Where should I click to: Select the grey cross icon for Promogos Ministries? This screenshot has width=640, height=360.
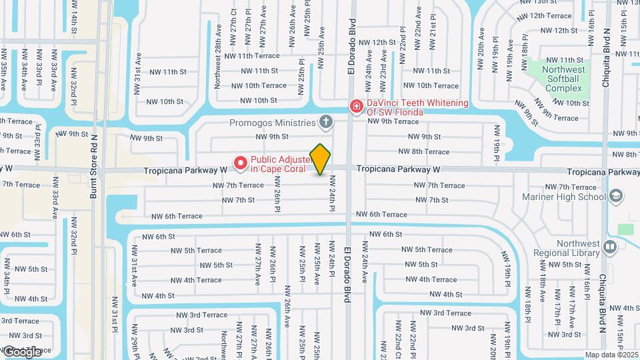click(325, 122)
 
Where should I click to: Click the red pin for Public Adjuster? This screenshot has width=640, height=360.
click(240, 162)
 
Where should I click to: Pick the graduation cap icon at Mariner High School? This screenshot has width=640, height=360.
click(617, 196)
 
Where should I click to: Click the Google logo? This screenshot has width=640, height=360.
click(22, 352)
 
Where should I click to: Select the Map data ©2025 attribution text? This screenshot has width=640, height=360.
click(612, 355)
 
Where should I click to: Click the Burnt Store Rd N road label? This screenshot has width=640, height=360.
click(94, 167)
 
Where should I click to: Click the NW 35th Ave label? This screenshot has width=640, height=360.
click(3, 69)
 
